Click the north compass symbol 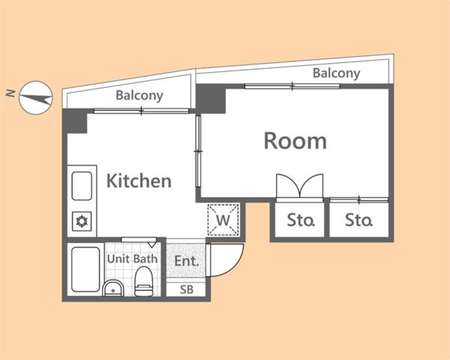tap(35, 98)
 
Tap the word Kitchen tap(139, 181)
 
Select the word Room tap(295, 141)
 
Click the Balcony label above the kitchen tap(139, 95)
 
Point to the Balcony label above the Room tap(336, 73)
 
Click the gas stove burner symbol tap(82, 221)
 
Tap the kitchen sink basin tap(82, 186)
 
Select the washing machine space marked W tap(223, 220)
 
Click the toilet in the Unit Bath tap(143, 281)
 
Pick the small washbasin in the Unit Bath tap(113, 288)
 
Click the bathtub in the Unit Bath tap(85, 269)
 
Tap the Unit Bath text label tap(132, 259)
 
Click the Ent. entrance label tap(187, 261)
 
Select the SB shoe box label tap(187, 289)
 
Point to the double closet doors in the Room tap(299, 187)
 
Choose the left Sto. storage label tap(301, 220)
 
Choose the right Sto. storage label tap(358, 220)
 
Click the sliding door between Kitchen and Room tap(198, 151)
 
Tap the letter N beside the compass tap(10, 93)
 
